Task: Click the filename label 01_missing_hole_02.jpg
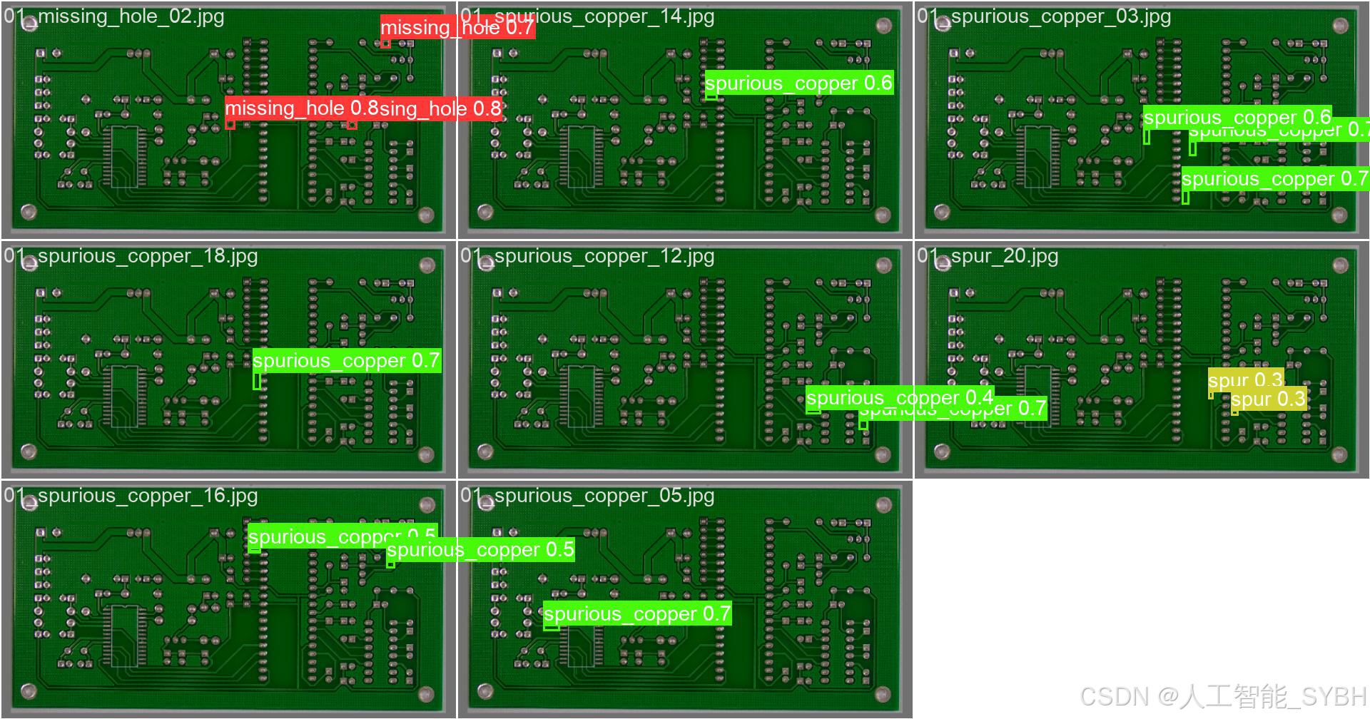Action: click(x=114, y=16)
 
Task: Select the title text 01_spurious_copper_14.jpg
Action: click(x=587, y=16)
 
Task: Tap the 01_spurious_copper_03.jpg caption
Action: click(x=1044, y=16)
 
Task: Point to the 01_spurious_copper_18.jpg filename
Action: click(x=131, y=256)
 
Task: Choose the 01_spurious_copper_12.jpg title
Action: click(x=587, y=256)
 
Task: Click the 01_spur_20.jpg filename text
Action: click(x=988, y=256)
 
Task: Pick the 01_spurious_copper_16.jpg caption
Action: click(x=131, y=496)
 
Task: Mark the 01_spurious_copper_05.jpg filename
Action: click(x=587, y=496)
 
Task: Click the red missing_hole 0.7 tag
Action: click(x=457, y=27)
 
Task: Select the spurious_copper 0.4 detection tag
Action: click(x=899, y=397)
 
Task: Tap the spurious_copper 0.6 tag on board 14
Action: click(x=798, y=83)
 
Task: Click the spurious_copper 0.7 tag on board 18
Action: click(x=346, y=361)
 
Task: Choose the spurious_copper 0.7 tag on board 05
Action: click(x=636, y=614)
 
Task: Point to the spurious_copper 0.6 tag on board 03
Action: click(x=1237, y=117)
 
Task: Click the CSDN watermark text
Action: click(x=1223, y=696)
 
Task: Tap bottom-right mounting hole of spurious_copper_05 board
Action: click(x=883, y=693)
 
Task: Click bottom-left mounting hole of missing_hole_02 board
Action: click(x=29, y=211)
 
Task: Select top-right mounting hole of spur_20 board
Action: click(x=1340, y=265)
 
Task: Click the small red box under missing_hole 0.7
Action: click(x=385, y=44)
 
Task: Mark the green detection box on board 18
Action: click(x=257, y=381)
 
